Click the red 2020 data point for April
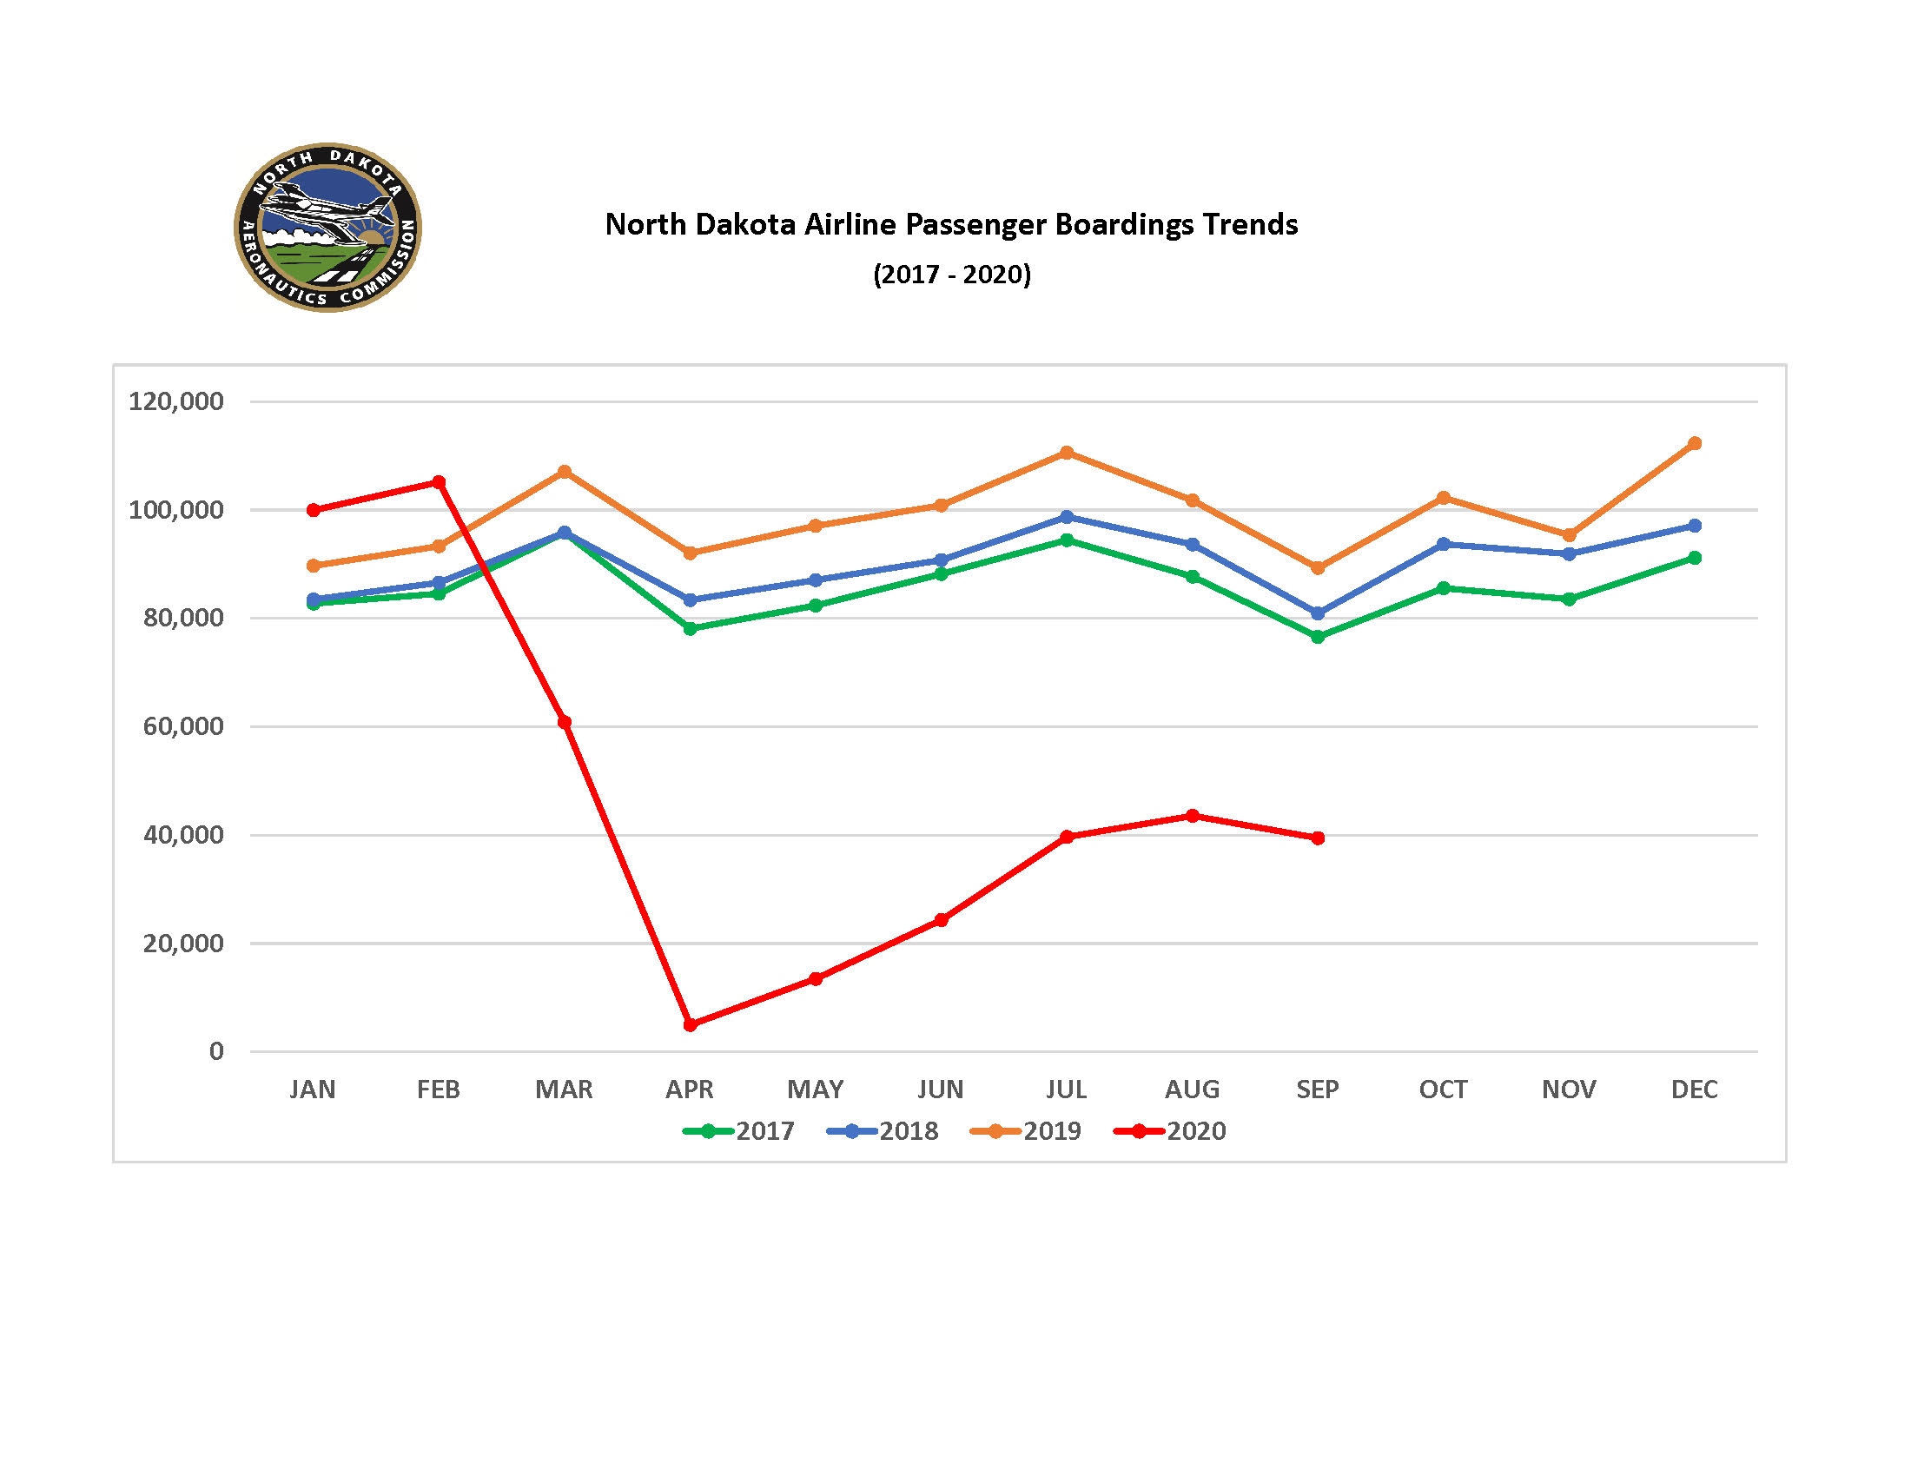[x=690, y=1024]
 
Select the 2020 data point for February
[x=440, y=482]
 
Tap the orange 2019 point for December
[x=1694, y=444]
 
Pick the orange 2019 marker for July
[x=1067, y=453]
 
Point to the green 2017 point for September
[x=1318, y=637]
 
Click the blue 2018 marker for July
[x=1067, y=517]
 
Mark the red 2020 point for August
[x=1192, y=816]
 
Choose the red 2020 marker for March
[x=565, y=722]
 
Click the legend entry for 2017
[x=739, y=1131]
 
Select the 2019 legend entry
[x=1027, y=1131]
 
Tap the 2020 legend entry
[x=1171, y=1131]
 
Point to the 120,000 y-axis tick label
[x=175, y=401]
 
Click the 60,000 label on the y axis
[x=183, y=726]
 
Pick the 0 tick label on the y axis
[x=216, y=1051]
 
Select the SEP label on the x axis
[x=1317, y=1090]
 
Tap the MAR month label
[x=564, y=1090]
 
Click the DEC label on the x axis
[x=1694, y=1090]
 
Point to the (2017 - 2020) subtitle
[x=952, y=275]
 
